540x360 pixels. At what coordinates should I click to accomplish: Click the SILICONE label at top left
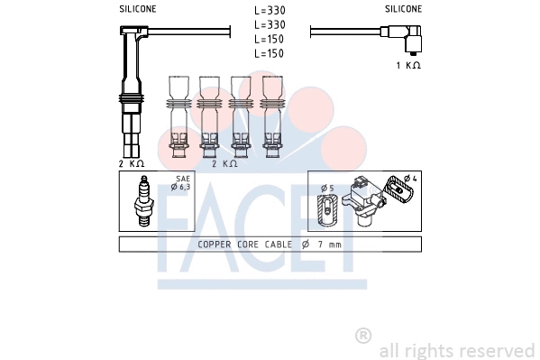pos(138,9)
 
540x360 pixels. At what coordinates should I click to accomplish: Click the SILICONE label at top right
pos(403,9)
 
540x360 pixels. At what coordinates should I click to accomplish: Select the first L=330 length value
pos(270,10)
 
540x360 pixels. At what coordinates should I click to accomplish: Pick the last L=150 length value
pos(269,53)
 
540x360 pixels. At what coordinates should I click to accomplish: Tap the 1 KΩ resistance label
pos(408,65)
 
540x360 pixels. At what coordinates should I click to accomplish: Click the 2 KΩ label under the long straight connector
pos(132,163)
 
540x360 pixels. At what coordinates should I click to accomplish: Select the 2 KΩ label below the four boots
pos(224,163)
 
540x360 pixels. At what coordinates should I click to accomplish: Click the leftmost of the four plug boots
pos(178,116)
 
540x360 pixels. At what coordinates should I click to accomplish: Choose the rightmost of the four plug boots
pos(272,116)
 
